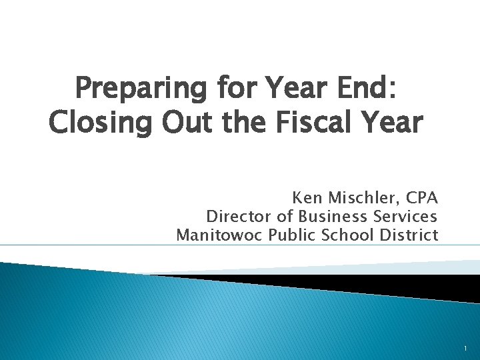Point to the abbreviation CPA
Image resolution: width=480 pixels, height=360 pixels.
[x=421, y=199]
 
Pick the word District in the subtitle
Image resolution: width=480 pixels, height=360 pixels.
[x=408, y=235]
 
